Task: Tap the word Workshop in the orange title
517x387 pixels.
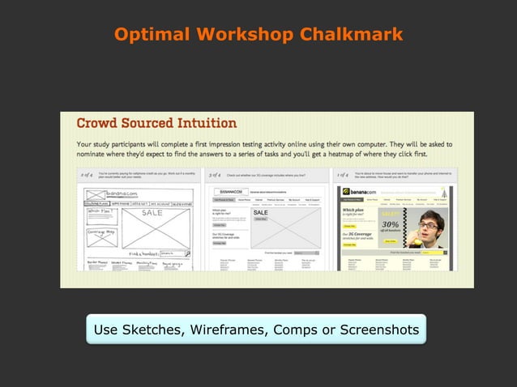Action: [252, 35]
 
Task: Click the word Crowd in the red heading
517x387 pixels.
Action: [99, 124]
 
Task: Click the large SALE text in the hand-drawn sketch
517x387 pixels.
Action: [152, 213]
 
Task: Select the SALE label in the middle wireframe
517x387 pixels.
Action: [261, 213]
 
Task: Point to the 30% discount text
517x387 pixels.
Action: [390, 224]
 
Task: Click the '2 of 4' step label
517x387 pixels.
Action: [86, 174]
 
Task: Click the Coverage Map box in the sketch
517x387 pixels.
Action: [100, 231]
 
